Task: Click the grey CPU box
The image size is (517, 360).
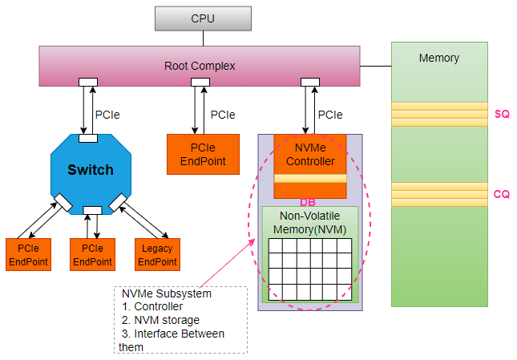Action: pyautogui.click(x=202, y=18)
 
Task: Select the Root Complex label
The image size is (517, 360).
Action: pyautogui.click(x=200, y=66)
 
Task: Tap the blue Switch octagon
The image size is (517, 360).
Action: pyautogui.click(x=90, y=170)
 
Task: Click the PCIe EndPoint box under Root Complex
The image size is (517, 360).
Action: pyautogui.click(x=203, y=154)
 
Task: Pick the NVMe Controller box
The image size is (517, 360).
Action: pyautogui.click(x=309, y=154)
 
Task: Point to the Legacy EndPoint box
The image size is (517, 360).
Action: pyautogui.click(x=156, y=254)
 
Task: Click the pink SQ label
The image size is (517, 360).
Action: pyautogui.click(x=502, y=115)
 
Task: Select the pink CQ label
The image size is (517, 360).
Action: pyautogui.click(x=502, y=194)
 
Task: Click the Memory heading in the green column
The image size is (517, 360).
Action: pyautogui.click(x=438, y=58)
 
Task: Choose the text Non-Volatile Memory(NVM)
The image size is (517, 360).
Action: pyautogui.click(x=309, y=222)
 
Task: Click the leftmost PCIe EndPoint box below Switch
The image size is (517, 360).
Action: pyautogui.click(x=29, y=254)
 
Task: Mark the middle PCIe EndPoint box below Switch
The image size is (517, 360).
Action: pyautogui.click(x=92, y=254)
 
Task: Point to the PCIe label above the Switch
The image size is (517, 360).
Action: pyautogui.click(x=108, y=115)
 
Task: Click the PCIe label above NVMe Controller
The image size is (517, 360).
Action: pyautogui.click(x=330, y=115)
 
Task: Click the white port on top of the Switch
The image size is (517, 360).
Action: pyautogui.click(x=88, y=138)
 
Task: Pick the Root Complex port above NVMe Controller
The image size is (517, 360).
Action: pyautogui.click(x=309, y=82)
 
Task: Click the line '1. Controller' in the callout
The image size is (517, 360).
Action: pyautogui.click(x=153, y=306)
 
